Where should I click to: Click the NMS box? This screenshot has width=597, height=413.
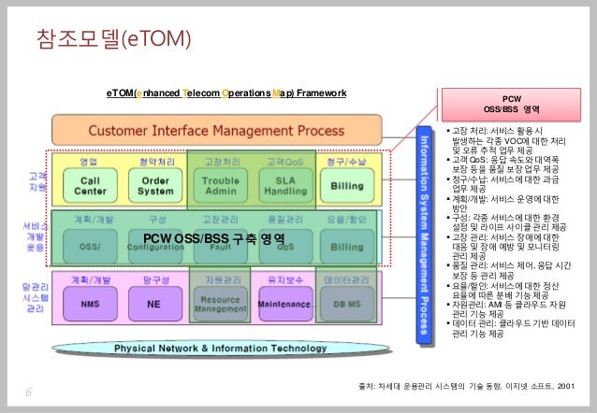click(x=91, y=304)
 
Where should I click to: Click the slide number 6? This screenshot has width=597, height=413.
click(x=28, y=393)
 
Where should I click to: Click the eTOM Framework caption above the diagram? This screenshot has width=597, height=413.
click(x=226, y=93)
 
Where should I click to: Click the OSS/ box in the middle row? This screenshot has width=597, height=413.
click(x=91, y=245)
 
